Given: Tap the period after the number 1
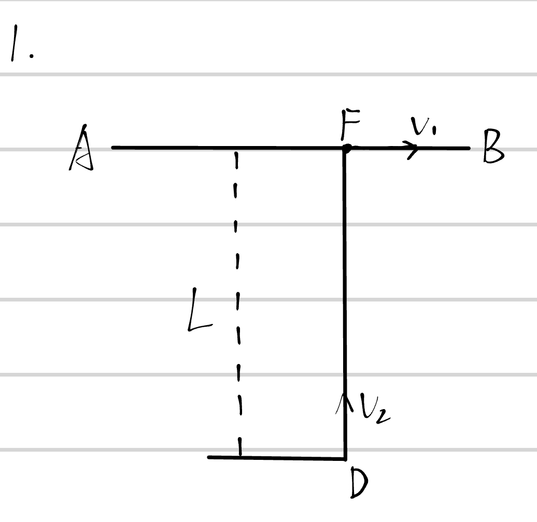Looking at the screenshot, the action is (32, 56).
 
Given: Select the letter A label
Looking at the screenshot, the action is (81, 148).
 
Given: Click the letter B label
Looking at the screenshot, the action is (493, 146).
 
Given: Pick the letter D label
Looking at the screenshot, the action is (359, 483).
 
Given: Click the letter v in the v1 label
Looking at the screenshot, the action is (419, 125).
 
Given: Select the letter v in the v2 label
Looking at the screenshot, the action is (369, 407).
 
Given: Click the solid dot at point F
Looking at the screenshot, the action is (347, 149).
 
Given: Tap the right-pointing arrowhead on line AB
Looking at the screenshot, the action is (413, 149).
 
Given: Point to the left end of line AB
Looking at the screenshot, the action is (112, 148).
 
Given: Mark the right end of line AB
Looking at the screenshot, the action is (469, 148).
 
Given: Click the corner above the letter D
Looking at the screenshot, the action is (345, 459).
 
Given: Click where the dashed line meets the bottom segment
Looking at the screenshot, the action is (240, 457).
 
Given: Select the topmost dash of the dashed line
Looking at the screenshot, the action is (236, 161).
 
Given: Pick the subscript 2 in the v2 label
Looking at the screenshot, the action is (383, 417).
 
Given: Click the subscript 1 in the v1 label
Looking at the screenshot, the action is (434, 130).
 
